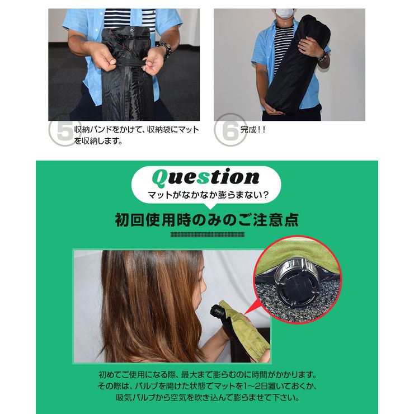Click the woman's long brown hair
tap(145, 302)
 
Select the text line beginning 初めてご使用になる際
tap(206, 374)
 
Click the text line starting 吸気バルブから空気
tap(206, 398)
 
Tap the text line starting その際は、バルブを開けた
tap(206, 387)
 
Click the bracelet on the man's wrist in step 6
tap(322, 58)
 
